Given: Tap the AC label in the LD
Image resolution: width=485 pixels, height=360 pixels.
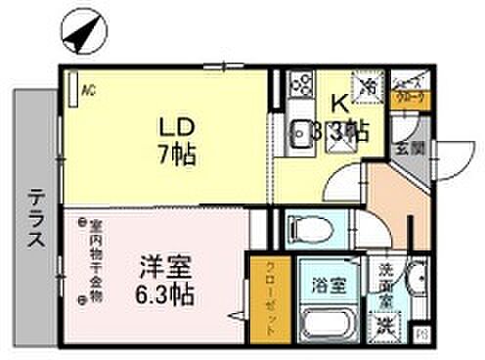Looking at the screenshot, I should click(x=88, y=91).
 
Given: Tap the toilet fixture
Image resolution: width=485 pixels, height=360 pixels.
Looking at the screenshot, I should click(x=304, y=231).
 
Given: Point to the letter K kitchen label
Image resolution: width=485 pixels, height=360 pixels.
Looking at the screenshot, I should click(x=337, y=102).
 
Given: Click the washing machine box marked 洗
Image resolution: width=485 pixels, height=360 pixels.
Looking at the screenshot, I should click(x=387, y=324).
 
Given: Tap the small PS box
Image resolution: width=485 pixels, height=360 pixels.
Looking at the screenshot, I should click(x=422, y=335).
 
